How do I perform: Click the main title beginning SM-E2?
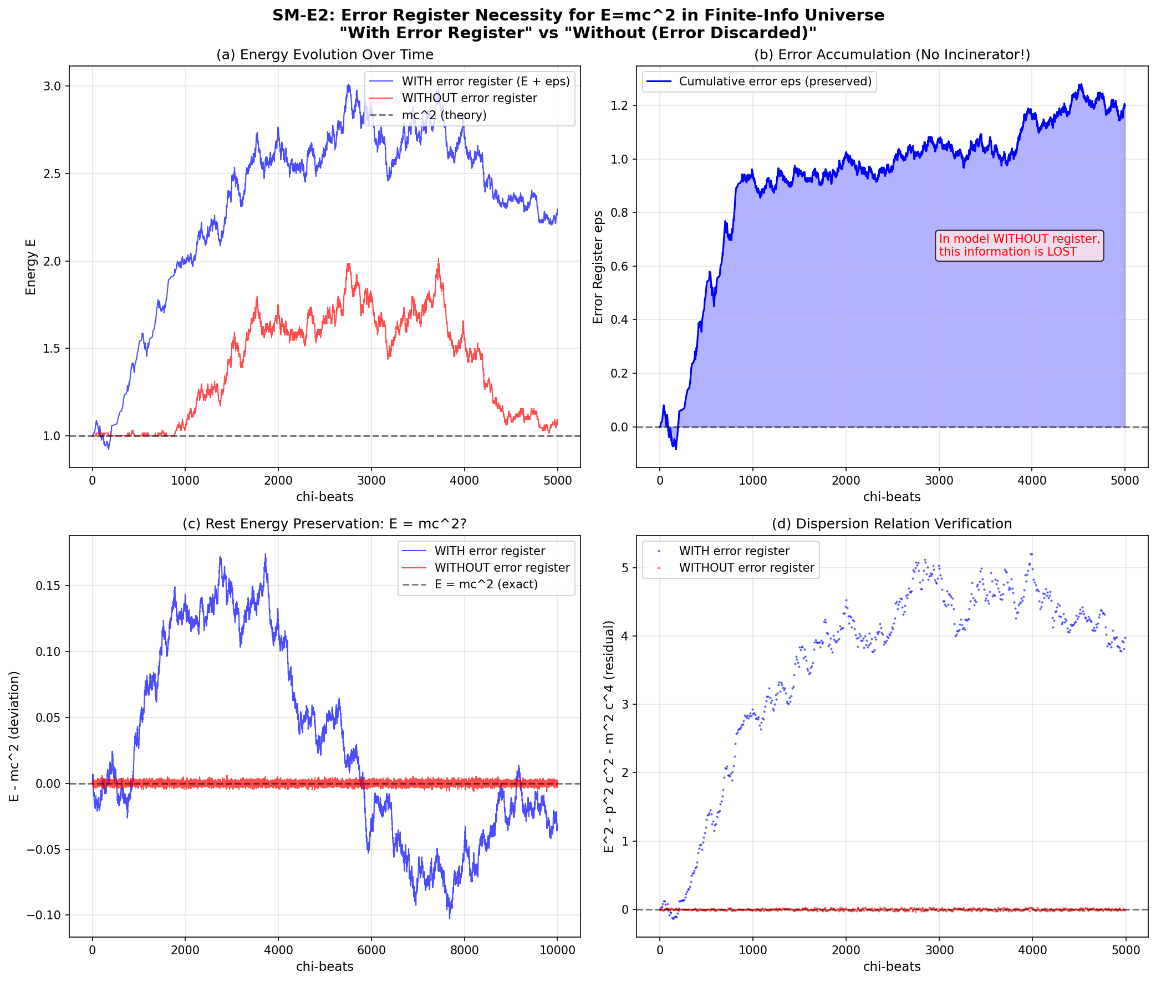578,15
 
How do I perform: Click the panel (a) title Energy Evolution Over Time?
324,54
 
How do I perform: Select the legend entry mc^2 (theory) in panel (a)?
444,115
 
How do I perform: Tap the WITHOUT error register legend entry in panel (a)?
469,98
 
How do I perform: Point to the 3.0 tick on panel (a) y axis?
52,87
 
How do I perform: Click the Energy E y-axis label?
30,267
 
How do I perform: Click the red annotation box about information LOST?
1018,246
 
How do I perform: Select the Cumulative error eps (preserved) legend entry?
775,82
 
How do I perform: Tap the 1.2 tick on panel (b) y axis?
619,106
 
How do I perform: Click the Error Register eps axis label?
598,267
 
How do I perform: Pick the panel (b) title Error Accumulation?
892,54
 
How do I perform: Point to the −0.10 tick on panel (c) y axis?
43,915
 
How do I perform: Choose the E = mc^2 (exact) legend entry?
486,584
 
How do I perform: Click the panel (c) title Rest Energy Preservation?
324,524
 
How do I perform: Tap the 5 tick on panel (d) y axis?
625,568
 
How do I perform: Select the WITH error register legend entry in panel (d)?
734,551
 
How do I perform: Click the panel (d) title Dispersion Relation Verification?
892,524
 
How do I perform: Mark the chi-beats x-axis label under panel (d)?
892,967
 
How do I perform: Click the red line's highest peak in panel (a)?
439,260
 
